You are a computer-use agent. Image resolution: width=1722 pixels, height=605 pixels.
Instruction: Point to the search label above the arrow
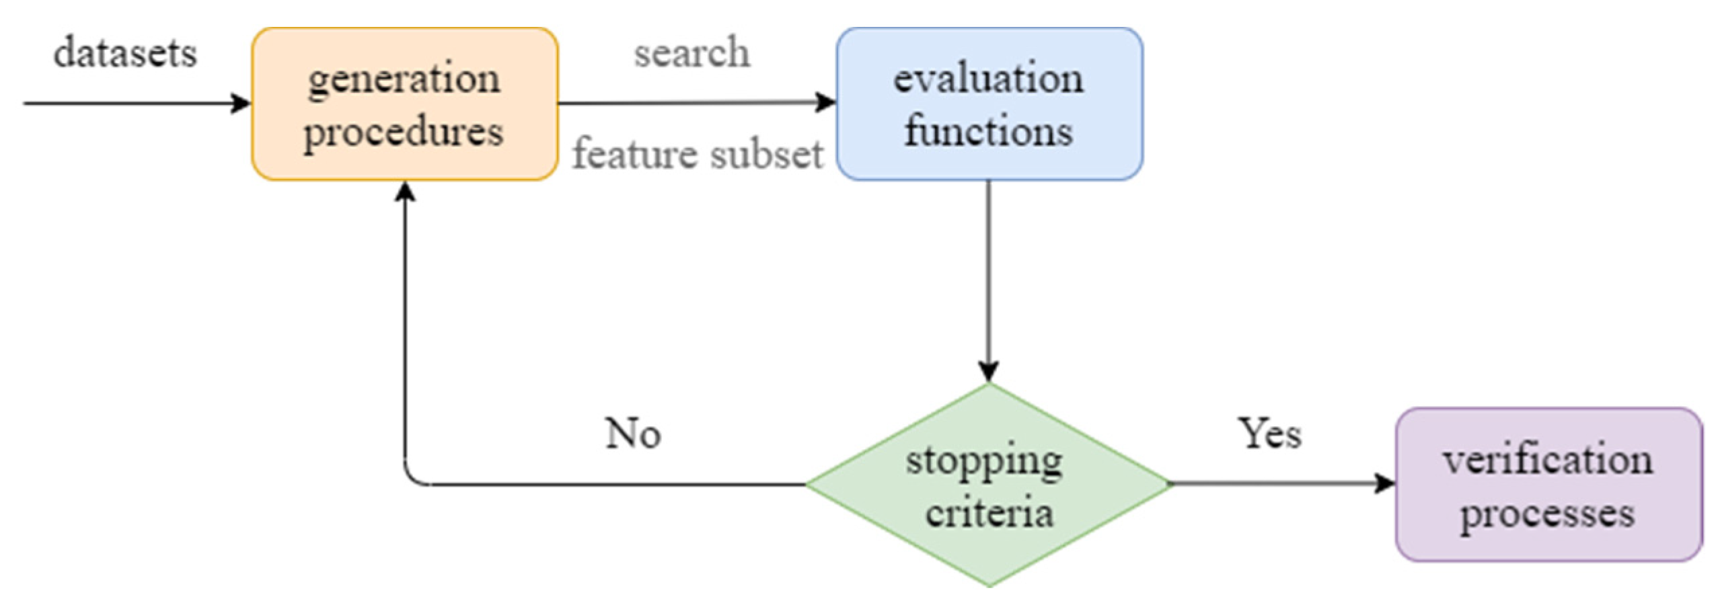pos(691,52)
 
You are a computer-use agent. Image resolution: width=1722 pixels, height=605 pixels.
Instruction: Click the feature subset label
pos(698,155)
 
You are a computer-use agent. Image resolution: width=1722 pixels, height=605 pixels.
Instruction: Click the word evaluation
pos(989,79)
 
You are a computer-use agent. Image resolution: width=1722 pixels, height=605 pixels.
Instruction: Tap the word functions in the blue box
pos(989,130)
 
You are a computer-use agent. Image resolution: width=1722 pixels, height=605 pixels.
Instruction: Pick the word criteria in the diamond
pos(989,514)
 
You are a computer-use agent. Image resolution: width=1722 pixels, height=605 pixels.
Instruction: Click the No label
pos(633,434)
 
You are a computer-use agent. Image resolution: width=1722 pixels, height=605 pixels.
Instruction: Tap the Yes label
pos(1270,434)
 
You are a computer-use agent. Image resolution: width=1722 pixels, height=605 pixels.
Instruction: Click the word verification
pos(1547,461)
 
